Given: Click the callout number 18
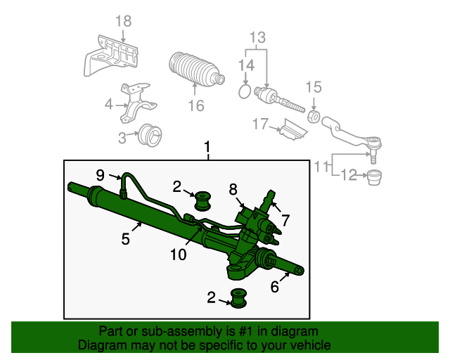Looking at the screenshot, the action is pos(124,21).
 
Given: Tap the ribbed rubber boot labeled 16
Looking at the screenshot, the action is pos(196,69).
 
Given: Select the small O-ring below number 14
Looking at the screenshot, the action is pos(245,91).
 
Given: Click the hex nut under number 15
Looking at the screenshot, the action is pos(314,116).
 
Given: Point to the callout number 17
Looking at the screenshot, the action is pos(260,124).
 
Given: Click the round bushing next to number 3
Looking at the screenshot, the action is pos(150,135).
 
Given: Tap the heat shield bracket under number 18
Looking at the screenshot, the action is pos(110,56).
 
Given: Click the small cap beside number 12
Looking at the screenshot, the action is pos(375,178).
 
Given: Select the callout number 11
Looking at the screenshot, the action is pos(321,167).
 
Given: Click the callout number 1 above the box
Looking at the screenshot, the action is pos(207,147).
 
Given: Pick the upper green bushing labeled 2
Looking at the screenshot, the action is pos(203,201).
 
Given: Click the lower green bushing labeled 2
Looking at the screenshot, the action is pos(239,298).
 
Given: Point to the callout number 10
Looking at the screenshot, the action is pos(179,255).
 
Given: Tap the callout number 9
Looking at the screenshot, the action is pos(100,175).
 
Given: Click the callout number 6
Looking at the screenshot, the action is pos(275,286).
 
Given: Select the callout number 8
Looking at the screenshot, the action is pos(233,189).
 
